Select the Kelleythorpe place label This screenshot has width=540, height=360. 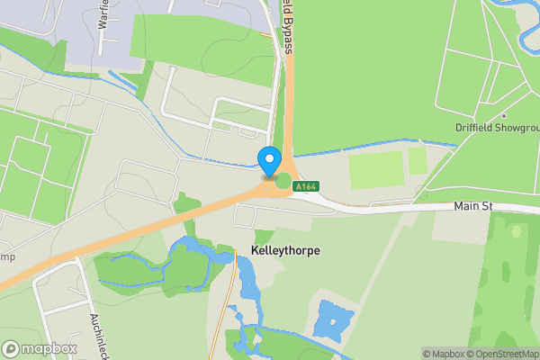(x=279, y=250)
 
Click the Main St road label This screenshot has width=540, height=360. (x=472, y=207)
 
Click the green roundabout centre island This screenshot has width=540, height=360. (x=283, y=181)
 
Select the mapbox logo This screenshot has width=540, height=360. (x=40, y=348)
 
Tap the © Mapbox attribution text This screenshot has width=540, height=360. (x=443, y=354)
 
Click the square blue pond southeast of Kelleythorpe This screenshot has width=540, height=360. (x=332, y=319)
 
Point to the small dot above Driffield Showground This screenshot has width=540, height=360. (x=504, y=116)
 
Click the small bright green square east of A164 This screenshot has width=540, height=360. (x=417, y=161)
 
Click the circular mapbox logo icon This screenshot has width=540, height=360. (x=11, y=348)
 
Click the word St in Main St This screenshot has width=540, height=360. (x=486, y=207)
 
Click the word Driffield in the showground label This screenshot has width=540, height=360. (x=477, y=128)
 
